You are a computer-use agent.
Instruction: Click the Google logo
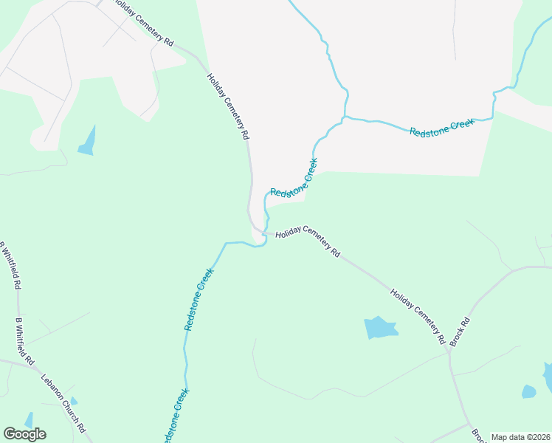coord(24,434)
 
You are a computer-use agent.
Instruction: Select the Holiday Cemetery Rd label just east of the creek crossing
coord(308,243)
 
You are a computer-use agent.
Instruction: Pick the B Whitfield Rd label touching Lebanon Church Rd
coord(25,343)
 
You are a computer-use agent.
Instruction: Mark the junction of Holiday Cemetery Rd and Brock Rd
coord(449,351)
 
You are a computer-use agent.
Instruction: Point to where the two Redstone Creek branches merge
coord(344,117)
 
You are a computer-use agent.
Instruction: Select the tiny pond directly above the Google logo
coord(28,420)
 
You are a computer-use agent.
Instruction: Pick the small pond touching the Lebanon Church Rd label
coord(73,401)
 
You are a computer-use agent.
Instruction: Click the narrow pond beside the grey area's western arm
coord(88,141)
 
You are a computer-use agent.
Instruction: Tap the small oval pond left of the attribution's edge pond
coord(528,391)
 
